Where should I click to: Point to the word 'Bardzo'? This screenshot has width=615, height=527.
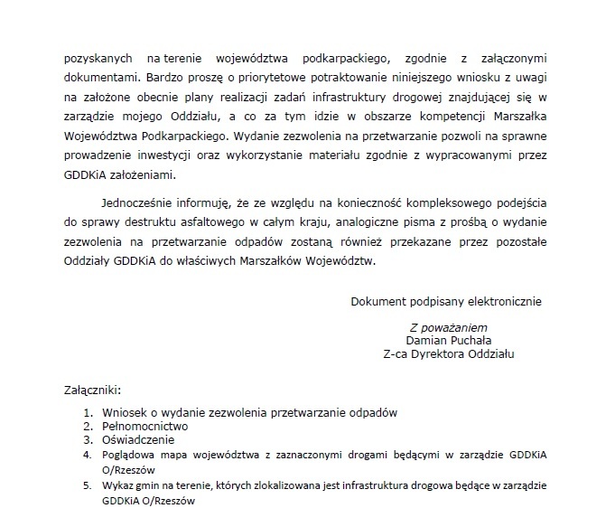click(x=164, y=78)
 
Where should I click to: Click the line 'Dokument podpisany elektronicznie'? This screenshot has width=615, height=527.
click(x=446, y=300)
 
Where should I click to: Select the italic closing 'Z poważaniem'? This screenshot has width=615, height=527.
click(x=448, y=326)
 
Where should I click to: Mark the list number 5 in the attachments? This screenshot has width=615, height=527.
click(x=87, y=485)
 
